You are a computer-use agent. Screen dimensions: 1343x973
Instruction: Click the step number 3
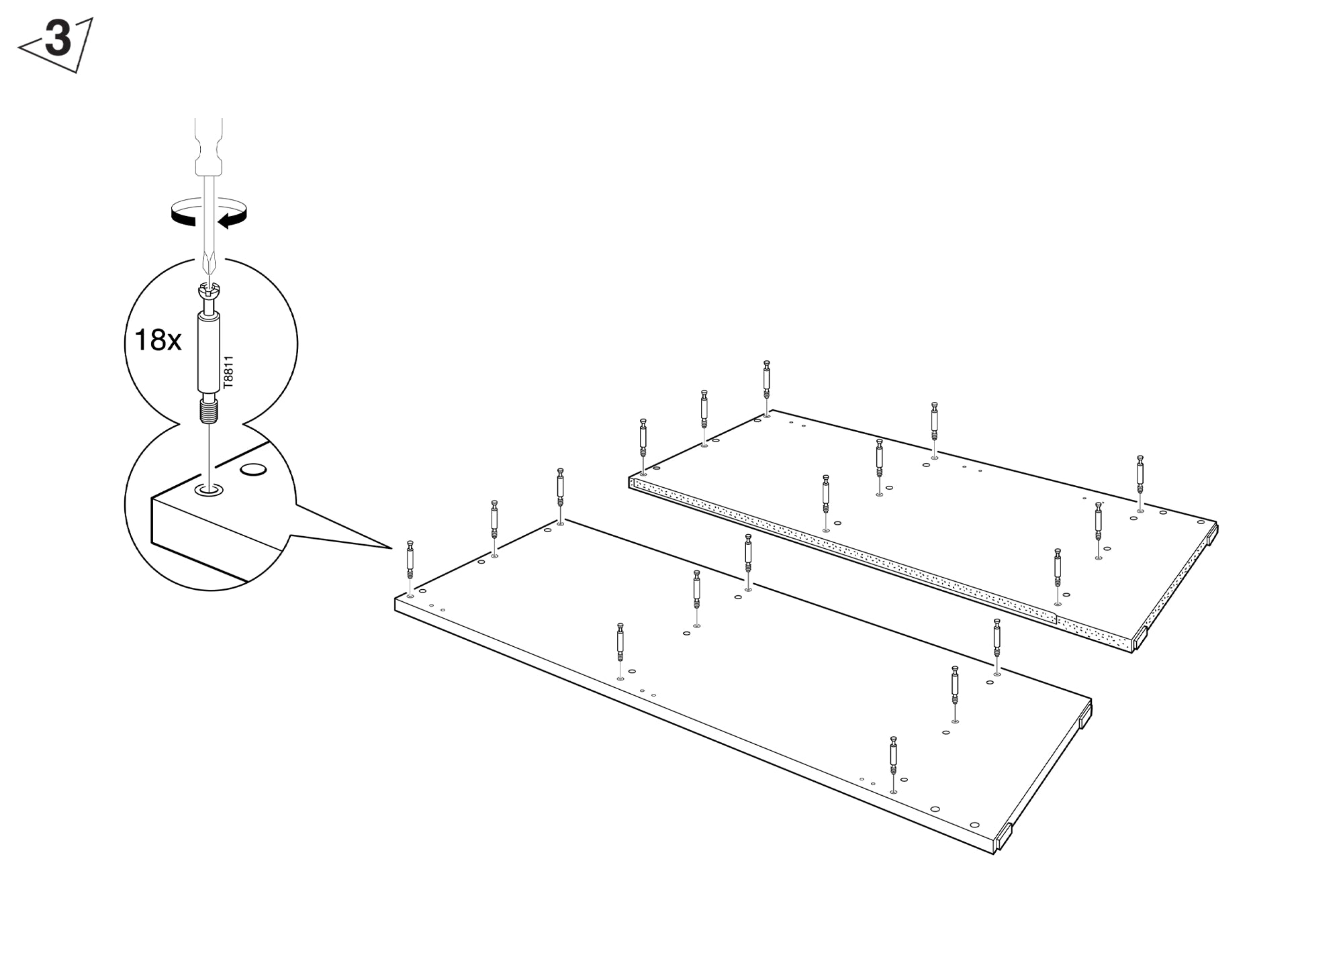pos(58,40)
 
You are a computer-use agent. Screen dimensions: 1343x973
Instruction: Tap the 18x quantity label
pos(158,340)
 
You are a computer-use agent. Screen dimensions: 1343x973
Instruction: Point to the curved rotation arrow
pos(209,214)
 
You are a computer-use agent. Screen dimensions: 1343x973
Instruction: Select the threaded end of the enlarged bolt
pos(210,411)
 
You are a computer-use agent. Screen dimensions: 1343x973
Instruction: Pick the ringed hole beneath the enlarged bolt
pos(210,491)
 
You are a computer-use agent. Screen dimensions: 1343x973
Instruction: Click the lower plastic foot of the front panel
pos(1003,838)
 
